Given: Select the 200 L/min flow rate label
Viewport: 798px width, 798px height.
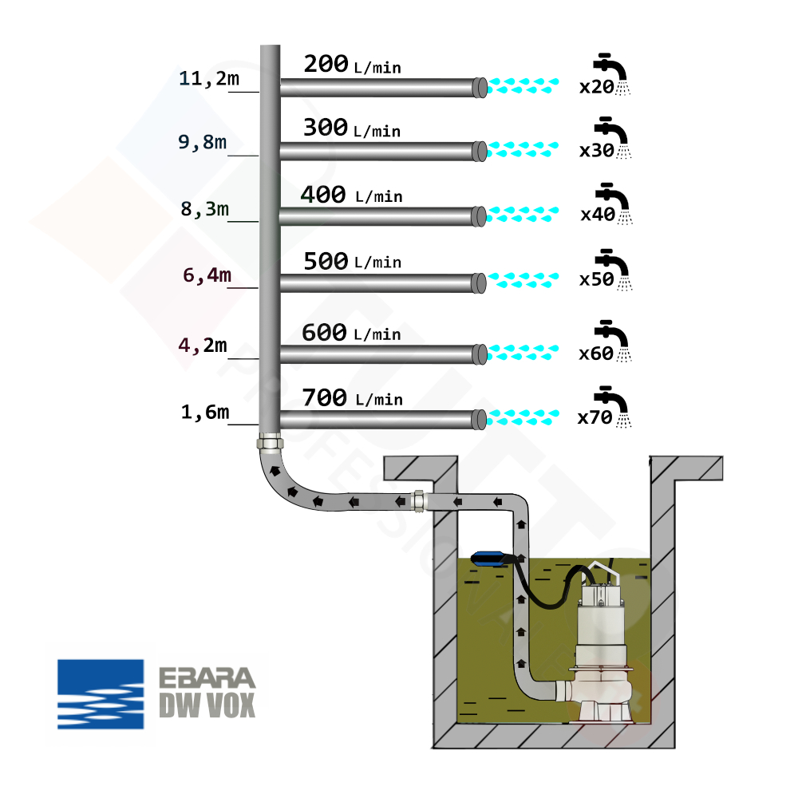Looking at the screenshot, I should click(x=352, y=65).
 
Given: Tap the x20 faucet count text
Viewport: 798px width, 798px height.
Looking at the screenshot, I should click(x=596, y=87).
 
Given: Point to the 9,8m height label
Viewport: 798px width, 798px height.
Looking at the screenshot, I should click(x=202, y=142).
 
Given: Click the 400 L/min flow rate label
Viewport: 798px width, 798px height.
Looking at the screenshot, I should click(x=351, y=195).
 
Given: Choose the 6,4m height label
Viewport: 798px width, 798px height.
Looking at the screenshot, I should click(x=207, y=275).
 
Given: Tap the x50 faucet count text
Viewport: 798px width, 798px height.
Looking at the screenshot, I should click(x=595, y=280).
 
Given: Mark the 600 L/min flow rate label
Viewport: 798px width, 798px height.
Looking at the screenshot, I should click(x=351, y=333).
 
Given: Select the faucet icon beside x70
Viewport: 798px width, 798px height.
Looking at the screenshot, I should click(x=614, y=402).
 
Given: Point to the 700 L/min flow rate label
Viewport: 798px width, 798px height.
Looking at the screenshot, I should click(x=351, y=397).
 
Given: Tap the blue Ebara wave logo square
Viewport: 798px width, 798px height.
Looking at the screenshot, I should click(x=101, y=693).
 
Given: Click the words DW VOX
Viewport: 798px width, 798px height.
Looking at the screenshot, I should click(x=207, y=705).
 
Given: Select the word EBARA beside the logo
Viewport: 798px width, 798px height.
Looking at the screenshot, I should click(x=207, y=678).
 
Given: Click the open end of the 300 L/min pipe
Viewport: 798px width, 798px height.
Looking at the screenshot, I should click(x=480, y=150).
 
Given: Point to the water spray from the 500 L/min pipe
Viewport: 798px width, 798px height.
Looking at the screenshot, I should click(x=523, y=279).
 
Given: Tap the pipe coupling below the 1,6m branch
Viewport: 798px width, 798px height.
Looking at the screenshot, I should click(x=270, y=442).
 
